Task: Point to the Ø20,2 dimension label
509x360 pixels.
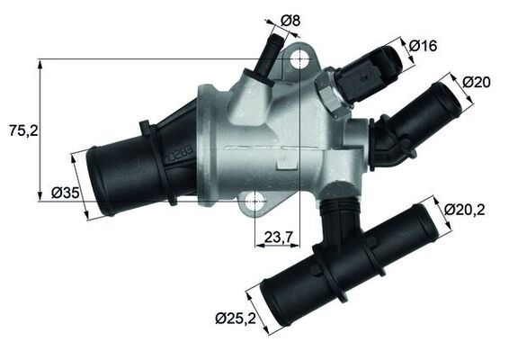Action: pyautogui.click(x=464, y=210)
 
